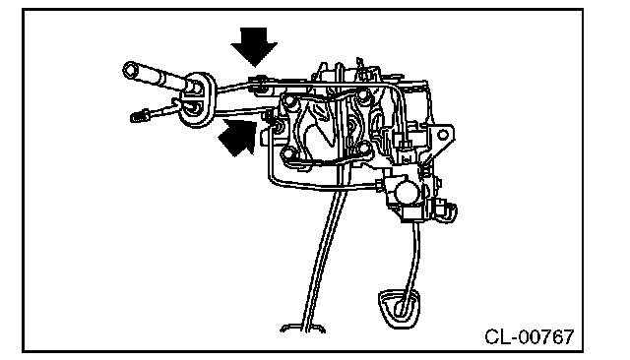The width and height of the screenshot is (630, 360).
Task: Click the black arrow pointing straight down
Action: click(x=254, y=45)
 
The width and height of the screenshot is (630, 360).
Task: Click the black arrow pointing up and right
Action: click(x=238, y=138)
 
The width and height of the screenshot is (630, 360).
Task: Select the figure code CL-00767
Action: click(x=530, y=336)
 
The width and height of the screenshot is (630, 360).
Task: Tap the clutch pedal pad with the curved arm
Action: click(x=399, y=308)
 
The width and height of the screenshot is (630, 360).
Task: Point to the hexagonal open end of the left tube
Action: click(x=130, y=71)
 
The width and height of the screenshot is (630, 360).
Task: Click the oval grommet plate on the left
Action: click(x=197, y=99)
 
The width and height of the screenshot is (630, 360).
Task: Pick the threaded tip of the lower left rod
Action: click(x=138, y=116)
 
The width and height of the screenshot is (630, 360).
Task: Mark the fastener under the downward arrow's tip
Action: click(x=260, y=82)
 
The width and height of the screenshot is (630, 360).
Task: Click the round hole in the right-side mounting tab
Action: click(x=443, y=135)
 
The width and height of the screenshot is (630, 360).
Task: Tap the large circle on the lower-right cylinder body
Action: click(x=405, y=192)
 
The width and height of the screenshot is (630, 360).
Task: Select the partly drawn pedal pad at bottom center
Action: click(x=302, y=329)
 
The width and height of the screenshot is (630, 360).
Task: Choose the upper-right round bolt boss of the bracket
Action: click(x=363, y=95)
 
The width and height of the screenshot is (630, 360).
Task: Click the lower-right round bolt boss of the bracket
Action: click(x=364, y=148)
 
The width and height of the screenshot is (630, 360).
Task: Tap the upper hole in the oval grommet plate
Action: click(x=196, y=87)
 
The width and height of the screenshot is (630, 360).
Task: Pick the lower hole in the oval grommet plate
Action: click(x=196, y=108)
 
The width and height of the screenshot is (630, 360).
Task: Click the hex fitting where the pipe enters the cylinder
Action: click(x=380, y=185)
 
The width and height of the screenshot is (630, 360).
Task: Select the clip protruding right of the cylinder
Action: click(x=448, y=211)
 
